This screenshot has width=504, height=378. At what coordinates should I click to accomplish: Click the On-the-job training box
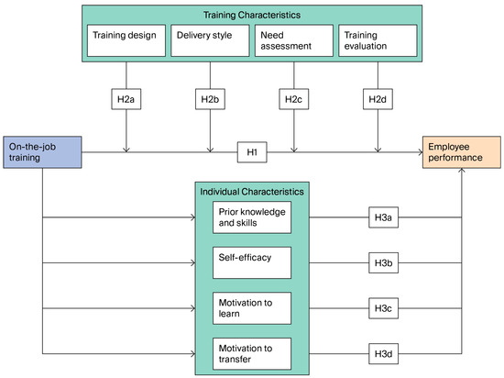43,151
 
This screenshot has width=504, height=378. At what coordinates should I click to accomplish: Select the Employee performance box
460,151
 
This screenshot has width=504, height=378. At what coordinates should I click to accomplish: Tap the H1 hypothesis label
252,151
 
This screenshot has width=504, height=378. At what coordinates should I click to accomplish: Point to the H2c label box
293,99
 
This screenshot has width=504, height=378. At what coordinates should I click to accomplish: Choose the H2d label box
378,99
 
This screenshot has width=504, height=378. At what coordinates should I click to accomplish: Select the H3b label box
382,263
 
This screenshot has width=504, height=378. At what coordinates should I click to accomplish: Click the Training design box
125,39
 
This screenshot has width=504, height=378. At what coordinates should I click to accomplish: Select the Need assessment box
293,39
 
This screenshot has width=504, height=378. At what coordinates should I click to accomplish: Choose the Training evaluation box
378,39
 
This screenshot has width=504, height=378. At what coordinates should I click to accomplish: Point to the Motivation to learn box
252,307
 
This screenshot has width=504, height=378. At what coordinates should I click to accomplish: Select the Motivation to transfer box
252,351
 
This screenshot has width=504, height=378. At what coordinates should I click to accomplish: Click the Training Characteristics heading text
252,14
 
